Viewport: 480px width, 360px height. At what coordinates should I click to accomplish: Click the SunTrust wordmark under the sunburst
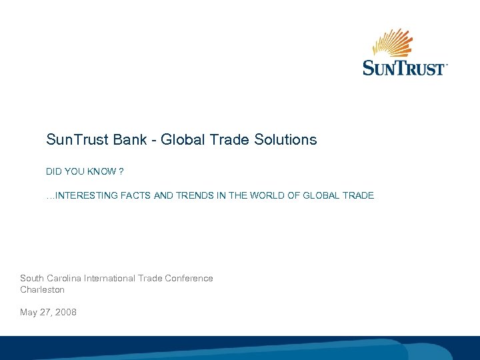404,68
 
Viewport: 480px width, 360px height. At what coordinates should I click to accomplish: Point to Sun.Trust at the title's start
73,140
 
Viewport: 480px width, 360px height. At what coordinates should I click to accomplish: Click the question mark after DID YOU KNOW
121,171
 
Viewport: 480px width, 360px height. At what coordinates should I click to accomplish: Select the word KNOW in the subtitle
102,171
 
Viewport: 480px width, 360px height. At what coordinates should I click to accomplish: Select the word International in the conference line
109,278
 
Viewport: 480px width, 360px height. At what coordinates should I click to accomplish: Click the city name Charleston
42,290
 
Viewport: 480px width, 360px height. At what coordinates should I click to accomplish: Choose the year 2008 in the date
66,312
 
